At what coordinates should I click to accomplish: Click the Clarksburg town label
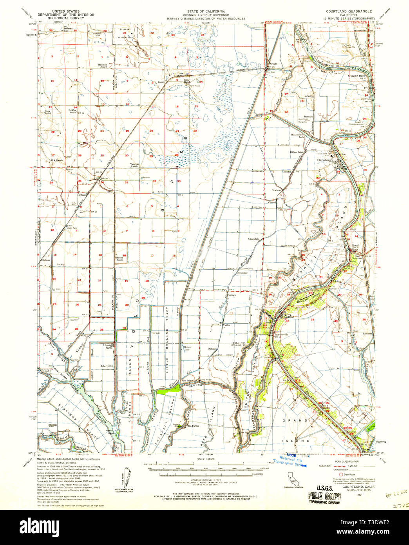click(325, 160)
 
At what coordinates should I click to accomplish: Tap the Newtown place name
click(277, 190)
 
